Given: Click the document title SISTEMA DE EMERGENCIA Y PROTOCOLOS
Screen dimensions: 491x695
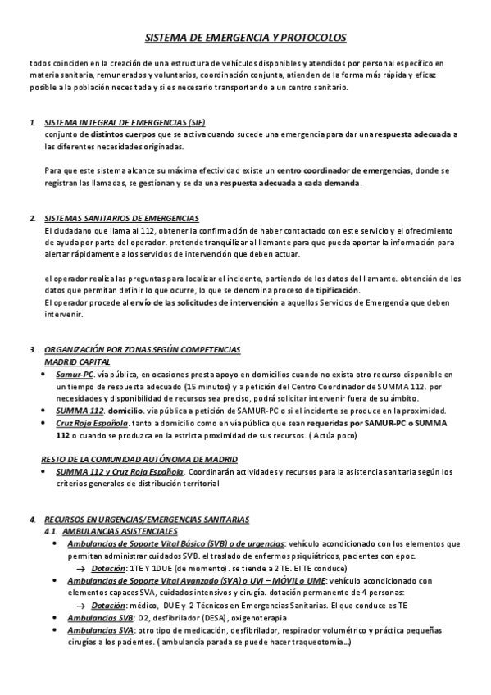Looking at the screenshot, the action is click(245, 38).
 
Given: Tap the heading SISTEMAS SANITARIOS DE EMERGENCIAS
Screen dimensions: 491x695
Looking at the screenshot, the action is click(121, 218).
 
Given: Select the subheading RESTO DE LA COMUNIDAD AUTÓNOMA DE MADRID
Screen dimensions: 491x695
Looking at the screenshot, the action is click(139, 459).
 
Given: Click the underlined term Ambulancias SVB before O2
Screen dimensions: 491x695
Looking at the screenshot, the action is click(102, 617).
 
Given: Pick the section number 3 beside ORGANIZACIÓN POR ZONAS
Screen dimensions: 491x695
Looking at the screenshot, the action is click(32, 350).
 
